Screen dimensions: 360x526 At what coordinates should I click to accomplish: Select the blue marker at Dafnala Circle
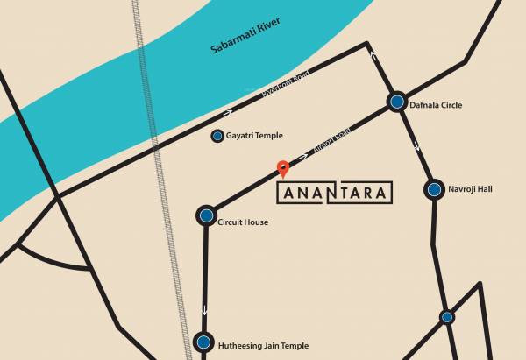coord(397,102)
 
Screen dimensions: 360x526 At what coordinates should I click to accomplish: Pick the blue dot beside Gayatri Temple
coord(217,136)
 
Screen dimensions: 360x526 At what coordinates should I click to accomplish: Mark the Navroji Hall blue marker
coord(434,189)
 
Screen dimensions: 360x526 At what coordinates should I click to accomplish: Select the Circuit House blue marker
coord(206,215)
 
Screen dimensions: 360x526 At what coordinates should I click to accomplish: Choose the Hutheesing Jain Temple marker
coord(204,342)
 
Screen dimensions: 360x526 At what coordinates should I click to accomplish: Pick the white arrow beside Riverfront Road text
coord(231,112)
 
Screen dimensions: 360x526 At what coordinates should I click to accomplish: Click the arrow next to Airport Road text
coord(305,155)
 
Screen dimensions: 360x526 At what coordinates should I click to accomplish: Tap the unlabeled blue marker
coord(446,317)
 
